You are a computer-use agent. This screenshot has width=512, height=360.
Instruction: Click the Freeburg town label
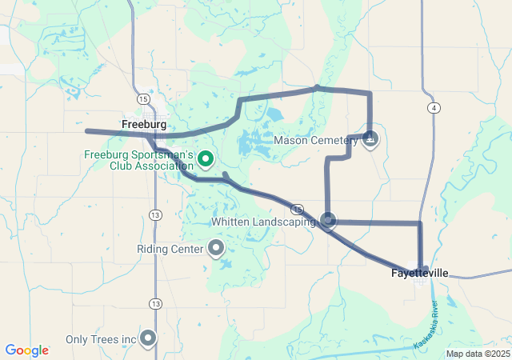pyautogui.click(x=144, y=125)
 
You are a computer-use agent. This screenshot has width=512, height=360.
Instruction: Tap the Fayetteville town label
pyautogui.click(x=420, y=273)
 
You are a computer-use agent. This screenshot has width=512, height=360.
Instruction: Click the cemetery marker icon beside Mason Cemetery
pyautogui.click(x=370, y=140)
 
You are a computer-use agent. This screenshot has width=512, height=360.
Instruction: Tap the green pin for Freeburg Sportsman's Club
pyautogui.click(x=205, y=159)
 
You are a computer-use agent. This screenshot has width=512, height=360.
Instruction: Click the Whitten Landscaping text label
pyautogui.click(x=263, y=222)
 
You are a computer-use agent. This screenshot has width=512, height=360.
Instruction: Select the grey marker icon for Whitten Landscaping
pyautogui.click(x=328, y=219)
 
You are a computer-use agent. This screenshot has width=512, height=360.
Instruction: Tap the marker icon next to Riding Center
pyautogui.click(x=216, y=248)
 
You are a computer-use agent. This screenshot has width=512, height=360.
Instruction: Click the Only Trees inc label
pyautogui.click(x=101, y=339)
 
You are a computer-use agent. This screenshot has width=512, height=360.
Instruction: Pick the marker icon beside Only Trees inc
pyautogui.click(x=148, y=338)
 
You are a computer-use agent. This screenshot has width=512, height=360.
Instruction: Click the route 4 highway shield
pyautogui.click(x=433, y=106)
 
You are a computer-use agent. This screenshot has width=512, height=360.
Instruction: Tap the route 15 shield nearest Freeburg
pyautogui.click(x=142, y=98)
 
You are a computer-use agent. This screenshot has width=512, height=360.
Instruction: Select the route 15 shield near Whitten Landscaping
pyautogui.click(x=298, y=208)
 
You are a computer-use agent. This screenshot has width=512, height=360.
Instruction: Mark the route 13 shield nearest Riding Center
pyautogui.click(x=154, y=214)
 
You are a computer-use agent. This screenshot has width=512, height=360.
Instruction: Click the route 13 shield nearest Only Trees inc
pyautogui.click(x=154, y=303)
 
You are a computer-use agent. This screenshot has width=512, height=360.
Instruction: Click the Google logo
pyautogui.click(x=26, y=350)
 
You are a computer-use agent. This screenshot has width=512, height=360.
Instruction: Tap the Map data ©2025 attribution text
pyautogui.click(x=477, y=354)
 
